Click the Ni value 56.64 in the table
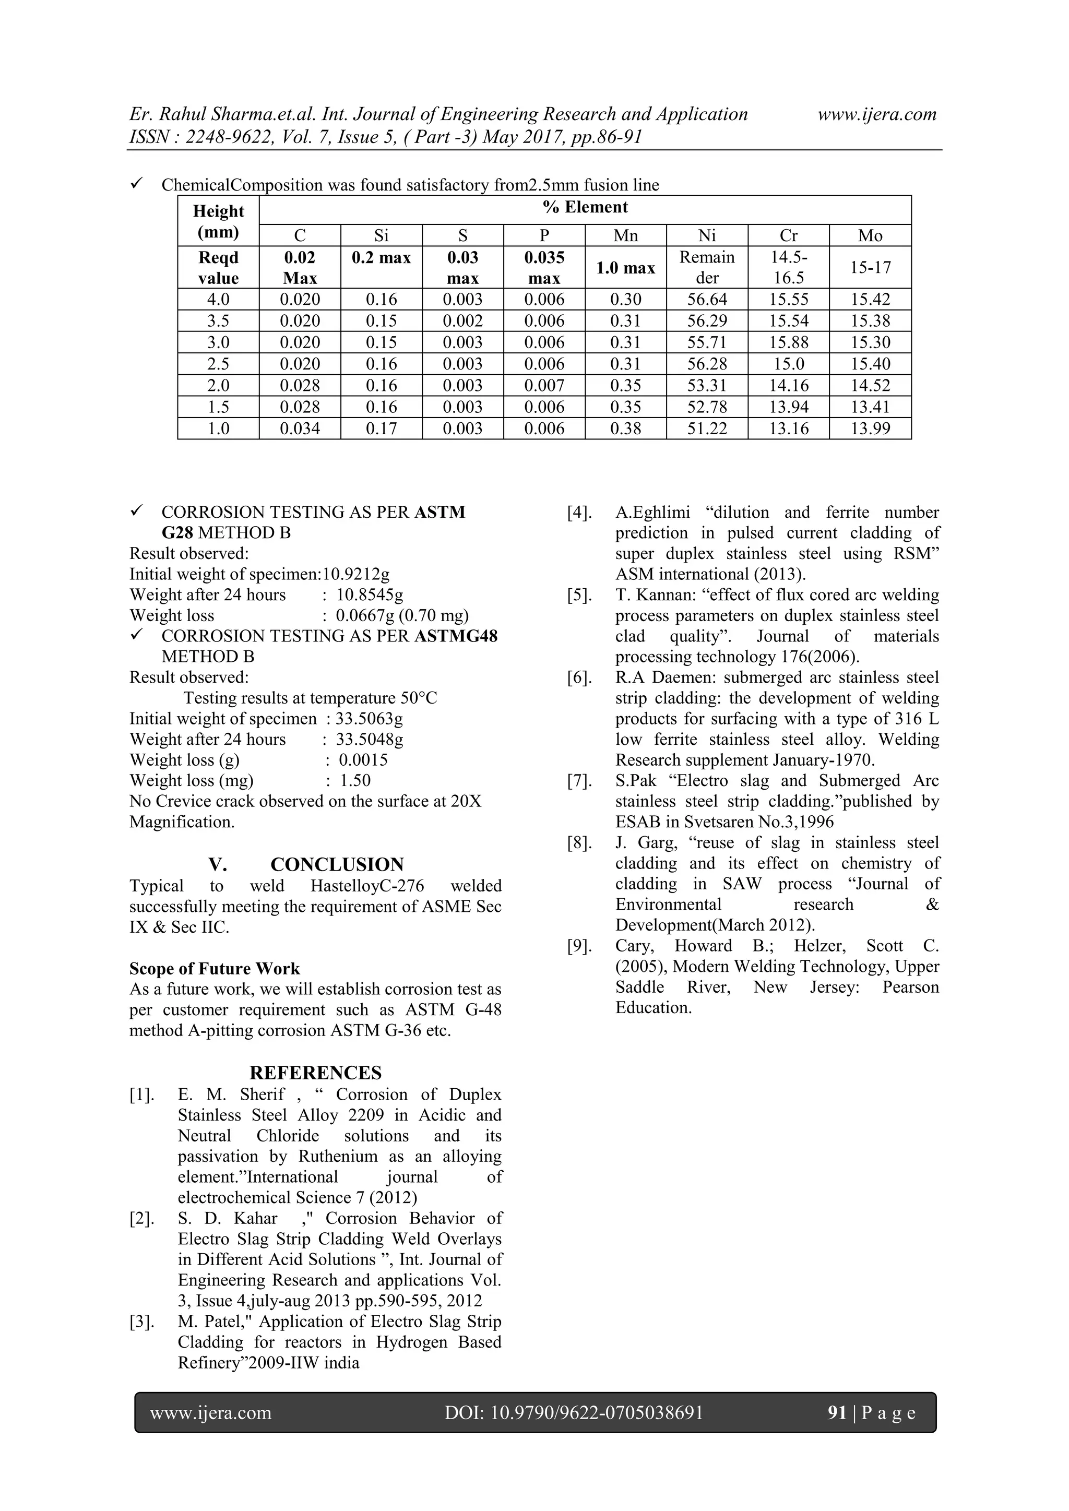click(x=707, y=300)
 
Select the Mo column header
click(x=870, y=235)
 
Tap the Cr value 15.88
click(x=789, y=342)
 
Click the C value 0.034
click(x=300, y=429)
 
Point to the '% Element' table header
click(x=585, y=207)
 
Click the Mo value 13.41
click(x=870, y=407)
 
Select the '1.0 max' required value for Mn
click(x=625, y=268)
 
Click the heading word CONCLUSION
click(x=337, y=865)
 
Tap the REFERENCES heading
click(x=315, y=1073)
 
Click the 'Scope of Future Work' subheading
click(x=215, y=969)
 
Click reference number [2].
click(x=141, y=1219)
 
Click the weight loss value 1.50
click(x=355, y=780)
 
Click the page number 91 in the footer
click(x=837, y=1413)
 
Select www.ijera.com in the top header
click(x=876, y=114)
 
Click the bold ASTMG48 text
click(x=456, y=636)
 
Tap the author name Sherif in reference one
click(x=262, y=1094)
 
